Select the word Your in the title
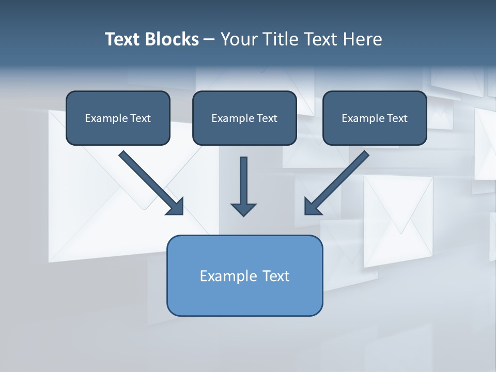pyautogui.click(x=238, y=39)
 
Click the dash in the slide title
pyautogui.click(x=209, y=40)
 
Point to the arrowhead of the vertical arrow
pyautogui.click(x=243, y=209)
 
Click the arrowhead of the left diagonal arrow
pyautogui.click(x=176, y=207)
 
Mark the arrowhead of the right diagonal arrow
pyautogui.click(x=312, y=207)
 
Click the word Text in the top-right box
pyautogui.click(x=397, y=118)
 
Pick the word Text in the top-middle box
pyautogui.click(x=267, y=118)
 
